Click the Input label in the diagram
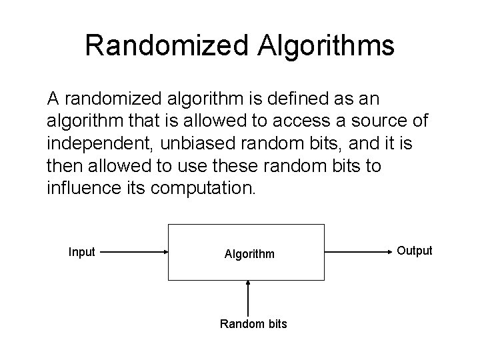point(82,251)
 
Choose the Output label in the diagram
point(415,251)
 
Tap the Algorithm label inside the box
point(249,254)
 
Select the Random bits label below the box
point(253,324)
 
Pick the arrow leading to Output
point(357,253)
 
